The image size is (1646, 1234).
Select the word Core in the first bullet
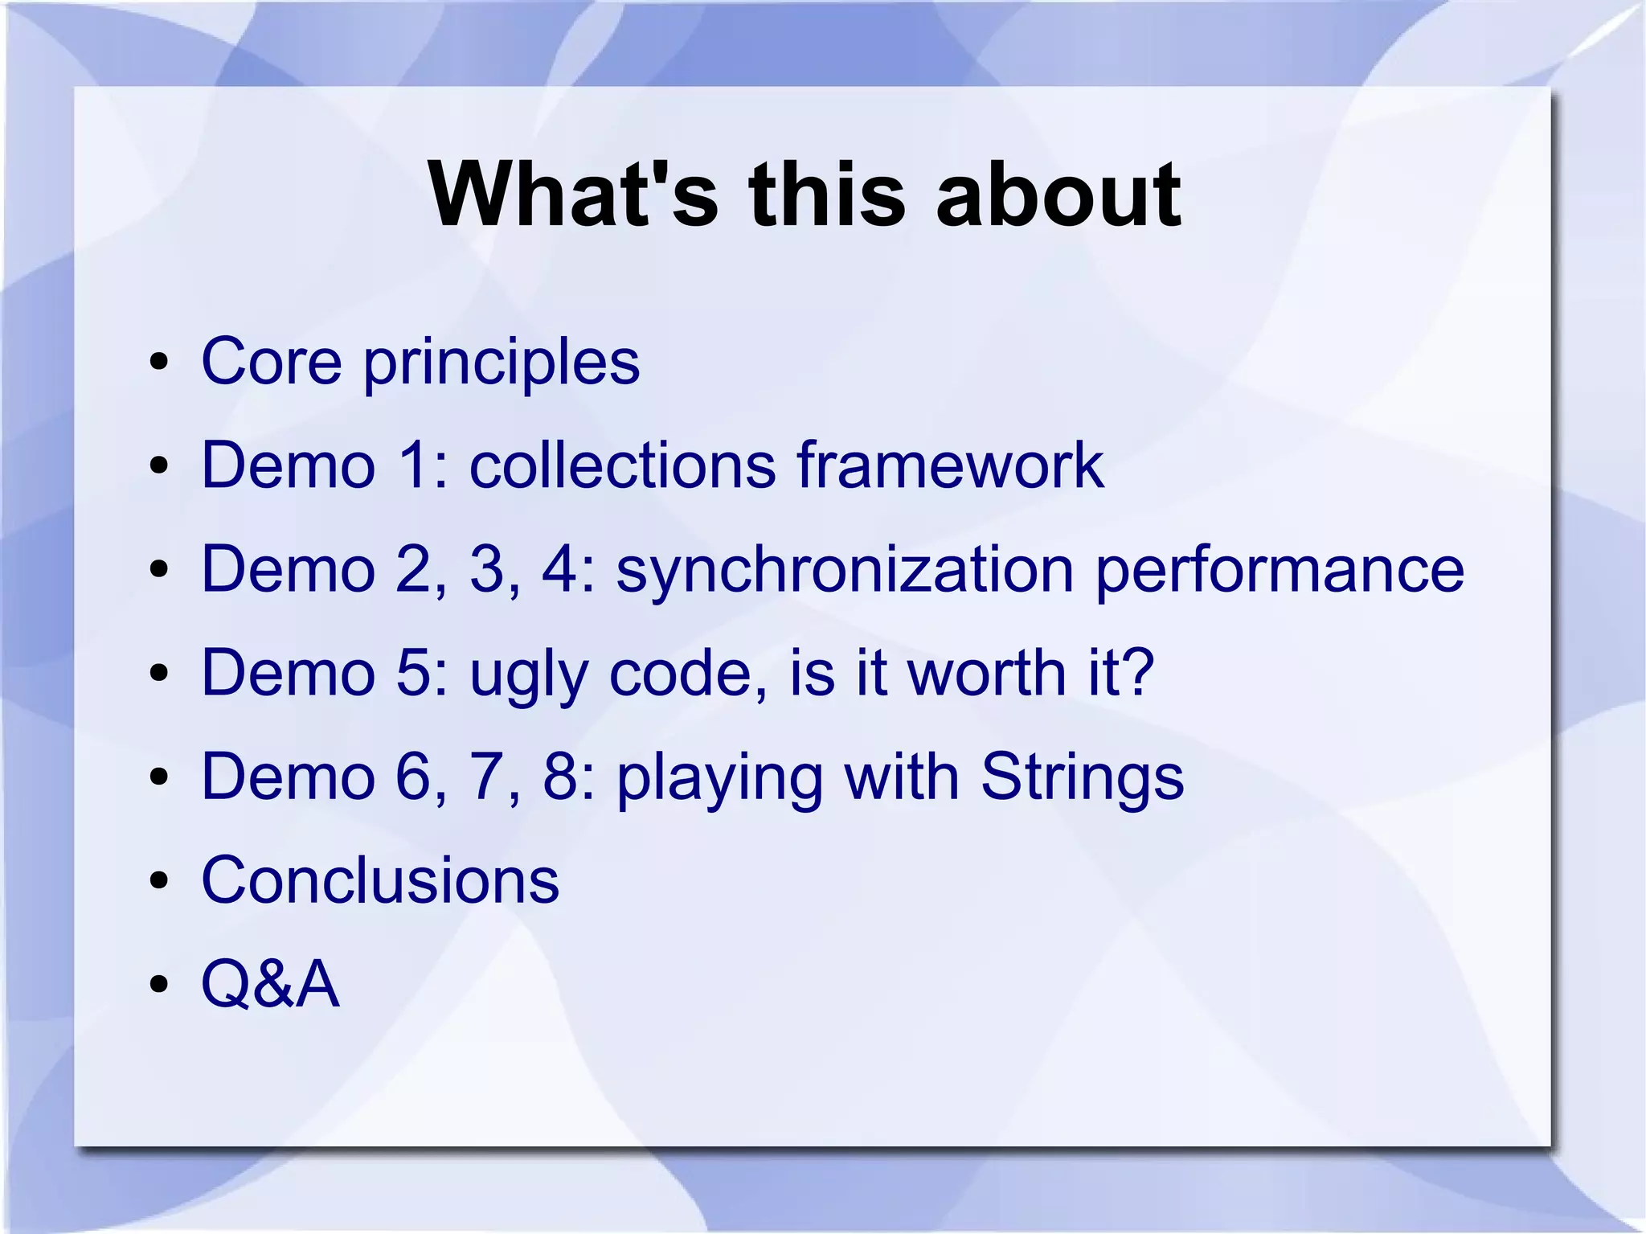point(271,361)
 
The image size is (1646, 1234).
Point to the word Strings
point(1082,778)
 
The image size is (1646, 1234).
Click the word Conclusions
point(379,880)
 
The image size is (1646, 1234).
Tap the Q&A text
point(270,984)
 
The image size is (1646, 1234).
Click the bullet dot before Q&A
point(159,984)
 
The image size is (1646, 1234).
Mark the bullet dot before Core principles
point(159,362)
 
